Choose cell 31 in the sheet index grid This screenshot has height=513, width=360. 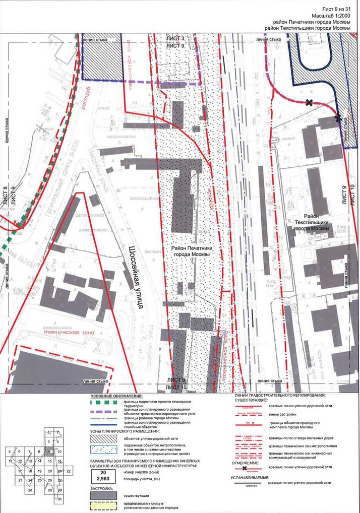59,499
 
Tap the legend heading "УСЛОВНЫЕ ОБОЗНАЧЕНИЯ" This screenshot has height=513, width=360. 116,396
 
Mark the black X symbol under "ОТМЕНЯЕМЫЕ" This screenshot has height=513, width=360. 244,468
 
